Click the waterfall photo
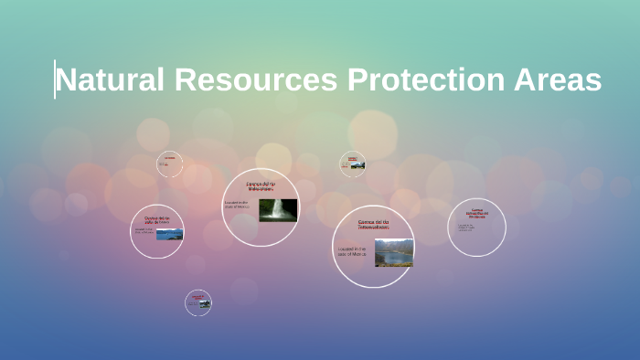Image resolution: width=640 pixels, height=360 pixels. point(278,210)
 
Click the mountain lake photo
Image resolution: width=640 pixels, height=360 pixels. point(393,252)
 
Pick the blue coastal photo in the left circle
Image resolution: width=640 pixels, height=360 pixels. point(169,235)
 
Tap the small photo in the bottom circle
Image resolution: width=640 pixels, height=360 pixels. point(203,304)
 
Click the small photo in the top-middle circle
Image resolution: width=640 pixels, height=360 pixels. point(357,165)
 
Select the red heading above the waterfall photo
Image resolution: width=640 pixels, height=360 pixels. point(261,186)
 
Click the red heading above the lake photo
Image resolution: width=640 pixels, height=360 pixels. point(373,225)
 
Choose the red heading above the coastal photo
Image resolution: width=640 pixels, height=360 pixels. point(157,219)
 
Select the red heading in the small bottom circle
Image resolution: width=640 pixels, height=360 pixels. point(197,296)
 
